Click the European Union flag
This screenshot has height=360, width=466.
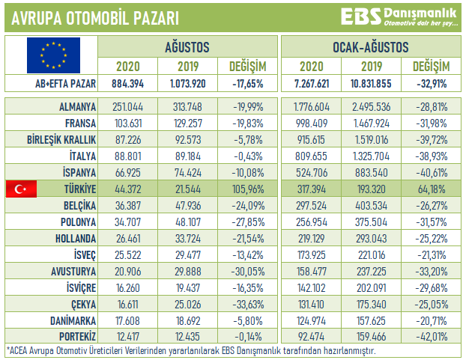click(51, 54)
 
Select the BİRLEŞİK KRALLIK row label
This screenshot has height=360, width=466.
click(64, 140)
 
